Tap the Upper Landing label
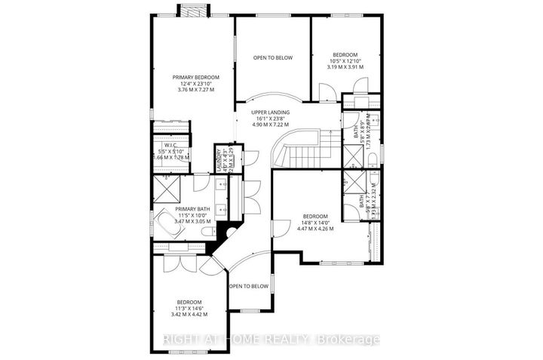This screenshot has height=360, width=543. [271, 112]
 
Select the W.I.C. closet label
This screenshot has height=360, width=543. [170, 144]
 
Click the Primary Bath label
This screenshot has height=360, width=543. [193, 209]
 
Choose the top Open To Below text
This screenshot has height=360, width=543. [272, 58]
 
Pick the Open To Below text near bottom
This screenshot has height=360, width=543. [249, 286]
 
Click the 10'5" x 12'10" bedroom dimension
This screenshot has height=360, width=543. [345, 60]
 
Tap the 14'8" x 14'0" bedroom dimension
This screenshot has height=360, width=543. [315, 222]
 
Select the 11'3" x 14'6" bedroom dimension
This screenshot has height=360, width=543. [187, 307]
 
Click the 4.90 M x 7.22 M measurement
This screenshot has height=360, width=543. [271, 125]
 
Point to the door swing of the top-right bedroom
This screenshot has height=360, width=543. [327, 94]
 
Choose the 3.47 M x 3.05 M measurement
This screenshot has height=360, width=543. [193, 221]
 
